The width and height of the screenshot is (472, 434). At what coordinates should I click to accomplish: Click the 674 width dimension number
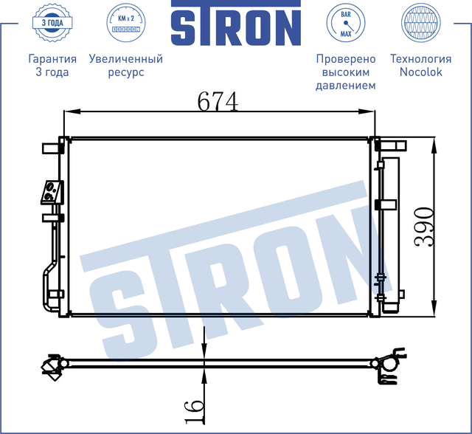[x=218, y=100]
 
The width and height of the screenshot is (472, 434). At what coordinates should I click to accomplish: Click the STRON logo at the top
[x=236, y=24]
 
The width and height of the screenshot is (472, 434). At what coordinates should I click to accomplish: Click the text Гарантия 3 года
[x=52, y=65]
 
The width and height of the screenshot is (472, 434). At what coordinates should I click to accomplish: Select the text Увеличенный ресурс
[x=125, y=65]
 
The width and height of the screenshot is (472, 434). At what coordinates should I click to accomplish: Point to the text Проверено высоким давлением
[x=345, y=72]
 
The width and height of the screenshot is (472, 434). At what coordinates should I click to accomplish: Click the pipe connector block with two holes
[x=50, y=192]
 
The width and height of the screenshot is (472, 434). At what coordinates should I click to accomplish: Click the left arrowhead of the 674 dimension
[x=71, y=112]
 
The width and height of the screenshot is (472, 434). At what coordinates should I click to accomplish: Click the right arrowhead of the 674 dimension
[x=370, y=112]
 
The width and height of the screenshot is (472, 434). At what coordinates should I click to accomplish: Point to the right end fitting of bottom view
[x=388, y=367]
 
